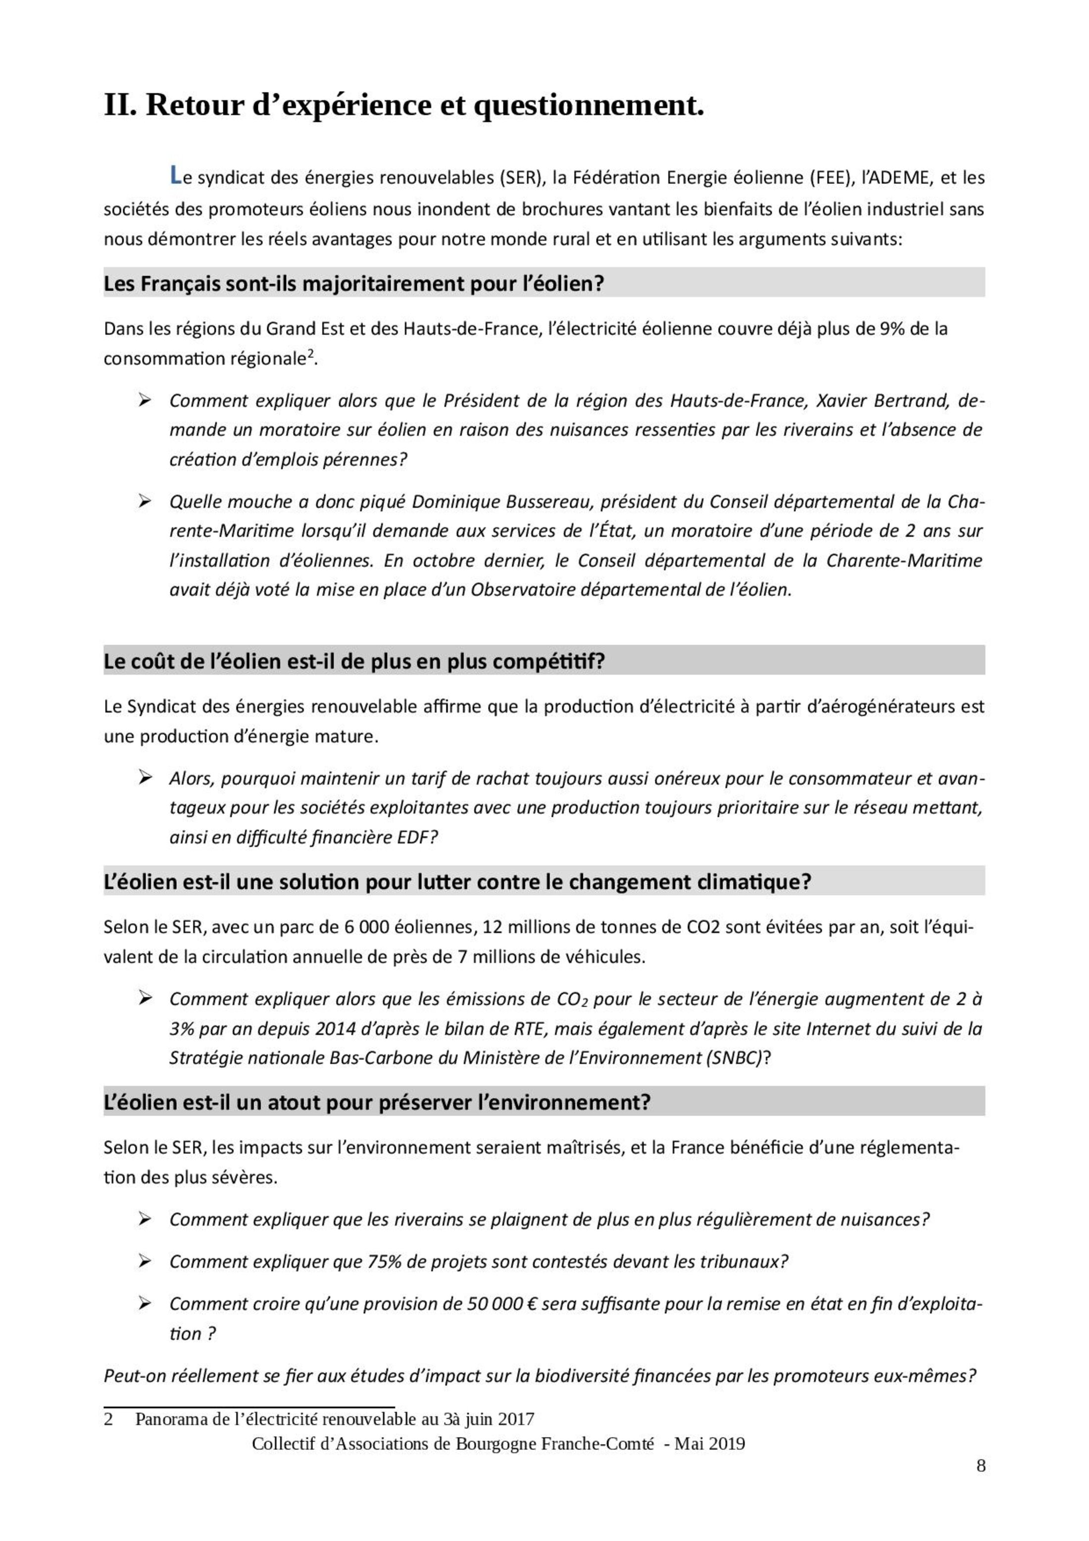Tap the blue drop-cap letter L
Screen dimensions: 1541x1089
point(175,176)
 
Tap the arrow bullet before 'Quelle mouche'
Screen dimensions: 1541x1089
point(144,501)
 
